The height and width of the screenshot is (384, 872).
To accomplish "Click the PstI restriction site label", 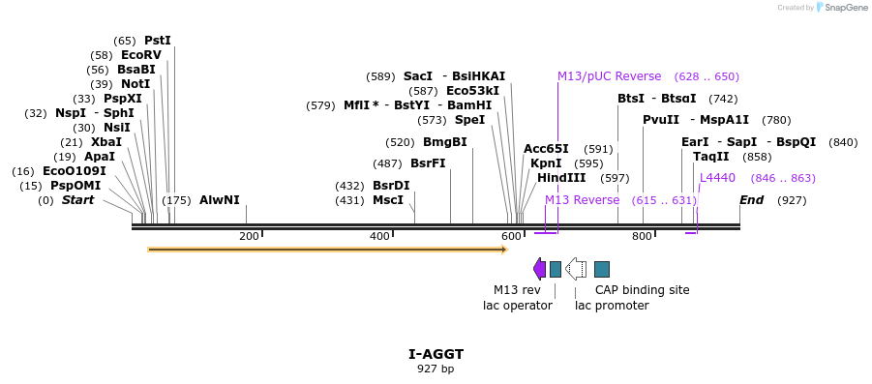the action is [x=158, y=41].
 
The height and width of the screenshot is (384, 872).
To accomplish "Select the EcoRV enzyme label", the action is [x=141, y=55].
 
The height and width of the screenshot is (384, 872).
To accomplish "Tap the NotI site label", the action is [x=135, y=84].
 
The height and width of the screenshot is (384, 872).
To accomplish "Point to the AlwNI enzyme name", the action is [x=220, y=200].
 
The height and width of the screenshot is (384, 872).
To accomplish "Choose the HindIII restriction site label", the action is [x=561, y=178].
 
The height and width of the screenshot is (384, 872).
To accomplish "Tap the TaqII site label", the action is [x=709, y=157].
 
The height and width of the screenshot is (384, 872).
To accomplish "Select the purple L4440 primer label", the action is [x=717, y=178].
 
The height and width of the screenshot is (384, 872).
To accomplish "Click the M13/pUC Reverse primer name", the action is [x=610, y=76].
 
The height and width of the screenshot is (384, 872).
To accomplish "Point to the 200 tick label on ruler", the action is [x=249, y=236].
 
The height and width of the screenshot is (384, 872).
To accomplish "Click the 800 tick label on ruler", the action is [x=642, y=236].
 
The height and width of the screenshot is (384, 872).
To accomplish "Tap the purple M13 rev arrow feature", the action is [x=539, y=269].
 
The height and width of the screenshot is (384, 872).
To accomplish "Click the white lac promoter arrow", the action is [x=576, y=269].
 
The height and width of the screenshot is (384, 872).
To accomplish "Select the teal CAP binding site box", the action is [x=602, y=269].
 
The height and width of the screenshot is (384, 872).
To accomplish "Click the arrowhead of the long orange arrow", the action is [x=505, y=250].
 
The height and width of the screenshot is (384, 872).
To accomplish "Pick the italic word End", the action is [x=751, y=200].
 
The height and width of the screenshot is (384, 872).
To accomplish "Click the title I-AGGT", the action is [x=436, y=355].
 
